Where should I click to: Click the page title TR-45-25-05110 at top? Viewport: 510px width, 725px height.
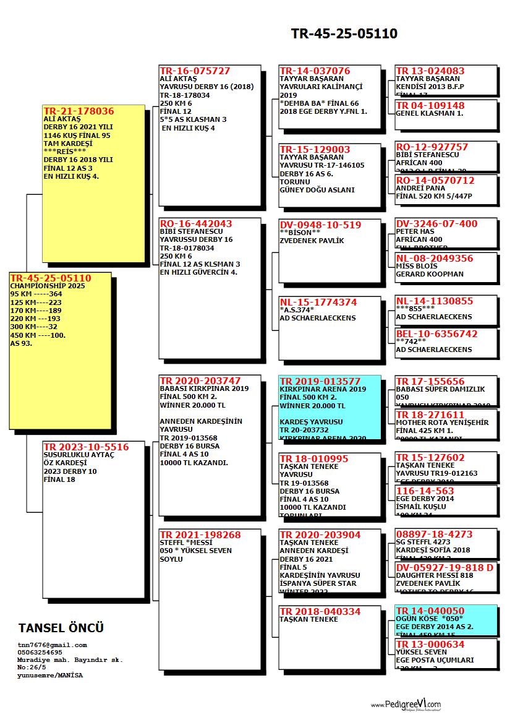pos(344,33)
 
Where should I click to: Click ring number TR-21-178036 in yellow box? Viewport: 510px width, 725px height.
pos(79,111)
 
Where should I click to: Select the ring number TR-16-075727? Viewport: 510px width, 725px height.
pos(195,71)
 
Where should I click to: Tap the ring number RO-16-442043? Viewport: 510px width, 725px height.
pos(195,224)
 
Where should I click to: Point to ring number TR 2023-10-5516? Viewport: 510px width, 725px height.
pos(86,447)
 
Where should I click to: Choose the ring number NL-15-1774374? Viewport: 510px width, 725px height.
pos(318,302)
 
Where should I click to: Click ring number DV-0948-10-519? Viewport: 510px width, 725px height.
pos(320,225)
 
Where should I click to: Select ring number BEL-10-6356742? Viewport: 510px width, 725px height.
pos(436,333)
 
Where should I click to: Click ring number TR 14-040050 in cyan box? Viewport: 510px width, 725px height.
pos(430,611)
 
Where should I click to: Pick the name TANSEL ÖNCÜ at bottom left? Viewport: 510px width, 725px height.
pos(61,628)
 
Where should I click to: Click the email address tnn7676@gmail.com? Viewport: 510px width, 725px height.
pos(52,645)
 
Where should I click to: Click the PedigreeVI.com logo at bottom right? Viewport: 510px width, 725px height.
pos(406,705)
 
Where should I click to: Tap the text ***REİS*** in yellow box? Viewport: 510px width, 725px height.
pos(64,151)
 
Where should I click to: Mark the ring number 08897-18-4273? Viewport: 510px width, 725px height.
pos(434,534)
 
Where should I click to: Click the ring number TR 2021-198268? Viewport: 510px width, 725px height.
pos(200,535)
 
